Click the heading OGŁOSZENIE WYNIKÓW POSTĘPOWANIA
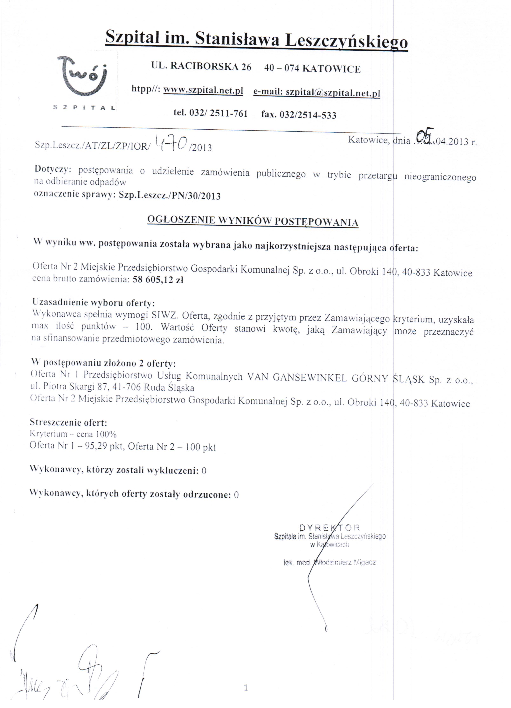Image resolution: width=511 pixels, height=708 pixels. [253, 221]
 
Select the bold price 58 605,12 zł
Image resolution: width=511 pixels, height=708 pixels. [158, 280]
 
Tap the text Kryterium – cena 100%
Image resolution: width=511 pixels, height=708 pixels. [73, 434]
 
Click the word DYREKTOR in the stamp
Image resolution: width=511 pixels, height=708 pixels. [329, 528]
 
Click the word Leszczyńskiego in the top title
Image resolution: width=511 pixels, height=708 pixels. [346, 41]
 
